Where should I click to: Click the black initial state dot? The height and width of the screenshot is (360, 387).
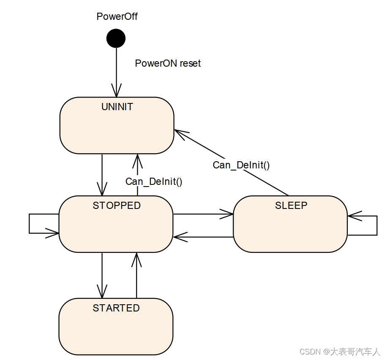[x=116, y=38]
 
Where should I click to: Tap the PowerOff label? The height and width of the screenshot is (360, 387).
[x=117, y=17]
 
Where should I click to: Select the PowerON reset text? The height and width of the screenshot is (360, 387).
[x=168, y=63]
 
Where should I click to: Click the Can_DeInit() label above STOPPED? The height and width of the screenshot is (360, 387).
[x=154, y=181]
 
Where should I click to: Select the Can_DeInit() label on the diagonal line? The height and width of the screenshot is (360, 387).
[x=241, y=165]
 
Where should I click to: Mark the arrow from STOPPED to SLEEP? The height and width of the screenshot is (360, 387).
[x=203, y=214]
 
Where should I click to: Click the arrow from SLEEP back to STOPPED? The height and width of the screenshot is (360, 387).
[x=203, y=237]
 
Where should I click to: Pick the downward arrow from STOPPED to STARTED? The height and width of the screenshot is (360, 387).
[x=102, y=275]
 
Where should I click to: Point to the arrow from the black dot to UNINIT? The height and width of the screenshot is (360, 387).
[x=116, y=72]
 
